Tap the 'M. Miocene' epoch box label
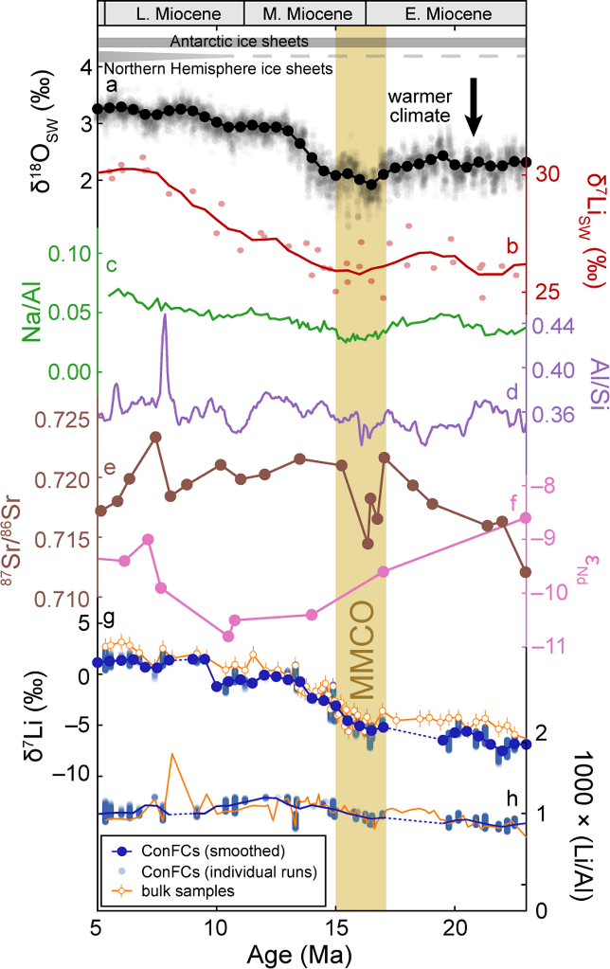(x=305, y=14)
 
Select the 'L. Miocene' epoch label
(x=172, y=14)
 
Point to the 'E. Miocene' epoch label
(x=445, y=14)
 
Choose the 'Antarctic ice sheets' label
(x=240, y=43)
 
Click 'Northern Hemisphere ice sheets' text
(x=218, y=69)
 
